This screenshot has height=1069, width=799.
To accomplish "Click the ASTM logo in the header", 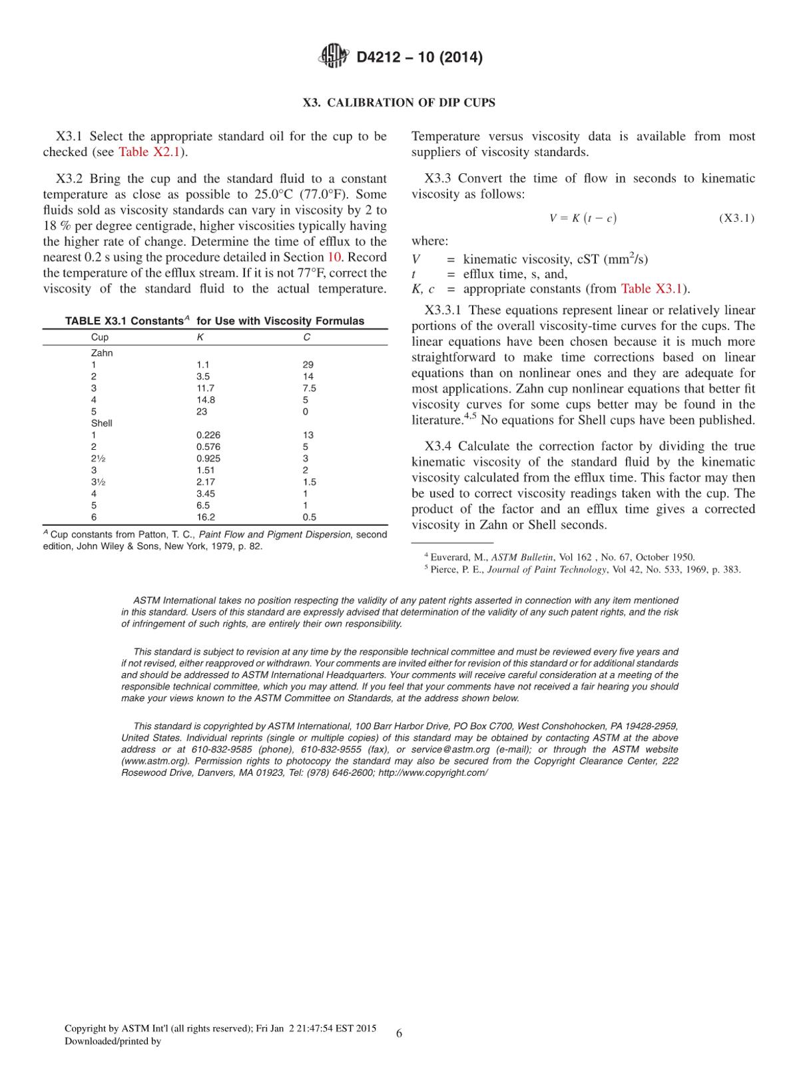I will (334, 56).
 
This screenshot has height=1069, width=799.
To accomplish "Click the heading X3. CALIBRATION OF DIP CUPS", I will (399, 103).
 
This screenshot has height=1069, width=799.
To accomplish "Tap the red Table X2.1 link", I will (149, 152).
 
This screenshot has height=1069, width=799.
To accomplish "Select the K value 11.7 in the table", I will (205, 388).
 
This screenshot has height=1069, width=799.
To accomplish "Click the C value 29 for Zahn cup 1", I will (308, 365).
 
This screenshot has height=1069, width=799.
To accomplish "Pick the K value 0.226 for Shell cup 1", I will (208, 435).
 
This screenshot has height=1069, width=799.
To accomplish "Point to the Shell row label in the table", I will (101, 423).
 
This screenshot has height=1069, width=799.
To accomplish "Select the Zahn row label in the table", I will (101, 353).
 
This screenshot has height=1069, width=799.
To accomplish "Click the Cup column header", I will (99, 337).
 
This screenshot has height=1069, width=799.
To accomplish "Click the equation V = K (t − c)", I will (583, 218).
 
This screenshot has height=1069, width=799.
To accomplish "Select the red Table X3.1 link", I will (652, 289).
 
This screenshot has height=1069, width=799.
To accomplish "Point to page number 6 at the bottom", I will (399, 1033).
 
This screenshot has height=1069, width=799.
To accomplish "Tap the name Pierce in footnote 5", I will (444, 569).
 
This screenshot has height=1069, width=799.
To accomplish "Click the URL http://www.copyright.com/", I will (433, 772).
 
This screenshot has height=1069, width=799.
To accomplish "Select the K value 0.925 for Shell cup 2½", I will (208, 459).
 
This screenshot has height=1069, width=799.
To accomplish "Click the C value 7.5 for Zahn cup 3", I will (309, 388).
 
